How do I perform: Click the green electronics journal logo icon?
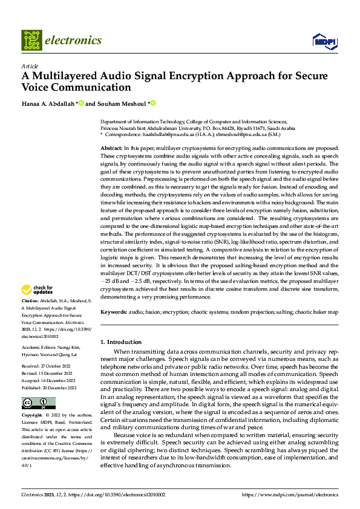click(x=32, y=41)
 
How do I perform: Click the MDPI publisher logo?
click(x=324, y=41)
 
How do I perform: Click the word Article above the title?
click(x=30, y=66)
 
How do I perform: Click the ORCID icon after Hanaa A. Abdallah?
click(x=81, y=103)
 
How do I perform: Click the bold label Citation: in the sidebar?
click(x=30, y=300)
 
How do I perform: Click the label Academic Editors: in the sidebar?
click(x=39, y=348)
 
